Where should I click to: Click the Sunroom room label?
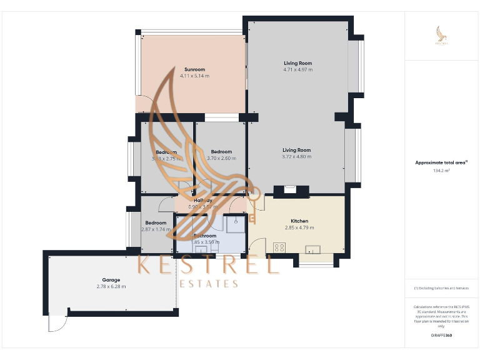(x=194, y=69)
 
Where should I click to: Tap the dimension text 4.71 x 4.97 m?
(x=297, y=69)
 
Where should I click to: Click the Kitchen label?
(x=299, y=221)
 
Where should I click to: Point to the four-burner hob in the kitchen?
(x=279, y=247)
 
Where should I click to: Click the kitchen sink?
(x=311, y=249)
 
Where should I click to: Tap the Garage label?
(x=111, y=279)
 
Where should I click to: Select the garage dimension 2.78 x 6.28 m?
(x=111, y=286)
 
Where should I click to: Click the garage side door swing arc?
(x=56, y=324)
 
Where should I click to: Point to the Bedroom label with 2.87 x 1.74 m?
(x=156, y=223)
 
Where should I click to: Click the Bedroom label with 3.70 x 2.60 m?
(x=221, y=152)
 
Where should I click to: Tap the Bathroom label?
(x=204, y=236)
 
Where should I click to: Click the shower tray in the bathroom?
(x=236, y=224)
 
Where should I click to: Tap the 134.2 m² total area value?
(x=441, y=170)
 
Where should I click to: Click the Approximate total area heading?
(x=441, y=162)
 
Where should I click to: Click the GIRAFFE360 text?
(x=441, y=336)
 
